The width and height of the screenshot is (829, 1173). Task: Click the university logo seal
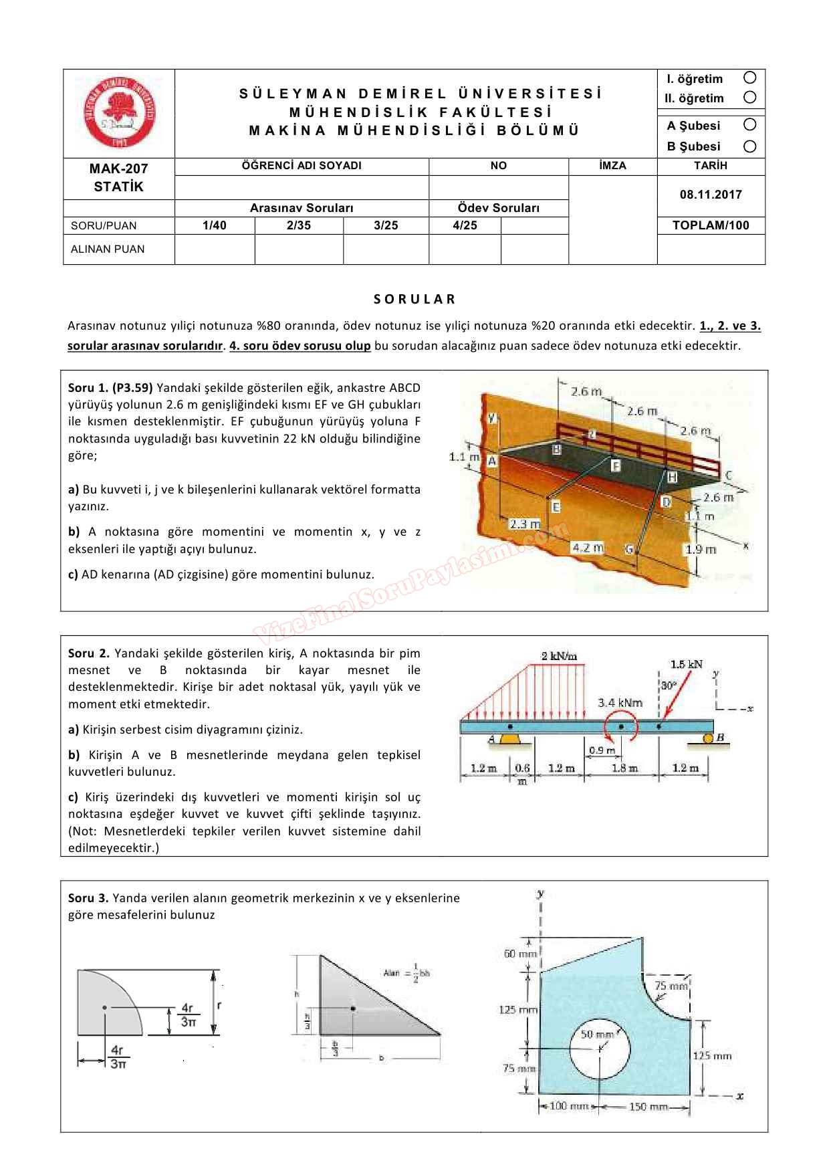tap(119, 112)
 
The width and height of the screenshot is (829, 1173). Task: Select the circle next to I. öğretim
tap(749, 78)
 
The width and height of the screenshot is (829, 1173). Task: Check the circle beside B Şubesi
tap(749, 146)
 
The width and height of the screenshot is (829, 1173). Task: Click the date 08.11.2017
tap(711, 195)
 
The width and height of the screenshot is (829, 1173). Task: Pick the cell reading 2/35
tap(299, 225)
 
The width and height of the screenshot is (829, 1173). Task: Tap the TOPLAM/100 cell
tap(711, 225)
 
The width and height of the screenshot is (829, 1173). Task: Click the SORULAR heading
tap(414, 299)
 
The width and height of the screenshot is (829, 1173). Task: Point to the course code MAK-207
tap(118, 169)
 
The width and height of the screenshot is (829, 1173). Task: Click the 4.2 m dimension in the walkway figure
tap(587, 548)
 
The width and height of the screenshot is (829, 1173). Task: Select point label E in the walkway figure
tap(556, 508)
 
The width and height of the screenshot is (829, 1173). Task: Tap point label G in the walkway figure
tap(628, 549)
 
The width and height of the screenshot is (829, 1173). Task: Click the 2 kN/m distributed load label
tap(560, 656)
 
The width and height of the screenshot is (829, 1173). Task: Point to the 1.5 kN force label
tap(686, 664)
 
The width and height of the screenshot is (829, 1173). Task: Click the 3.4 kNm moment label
tap(620, 703)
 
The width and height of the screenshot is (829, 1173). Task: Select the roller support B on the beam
tap(708, 738)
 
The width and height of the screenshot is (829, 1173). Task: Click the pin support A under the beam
tap(511, 738)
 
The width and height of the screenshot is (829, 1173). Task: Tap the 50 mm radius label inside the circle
tap(597, 1035)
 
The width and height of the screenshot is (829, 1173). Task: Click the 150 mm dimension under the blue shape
tap(648, 1107)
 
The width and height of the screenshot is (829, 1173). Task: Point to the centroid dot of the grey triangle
tap(353, 1008)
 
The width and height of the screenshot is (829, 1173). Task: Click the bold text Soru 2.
tap(89, 653)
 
